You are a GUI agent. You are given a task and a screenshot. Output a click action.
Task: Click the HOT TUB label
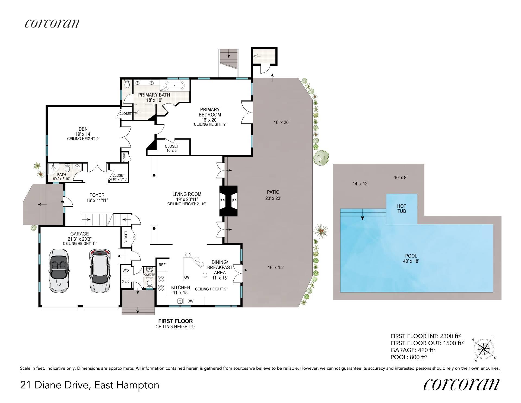(402, 209)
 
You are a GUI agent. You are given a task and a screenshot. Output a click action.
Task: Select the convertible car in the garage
(59, 270)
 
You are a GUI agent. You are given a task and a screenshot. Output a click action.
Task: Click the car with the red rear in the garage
(100, 270)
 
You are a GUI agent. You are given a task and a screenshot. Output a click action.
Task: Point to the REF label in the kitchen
(162, 265)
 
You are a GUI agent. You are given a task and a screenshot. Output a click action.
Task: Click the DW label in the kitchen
(190, 301)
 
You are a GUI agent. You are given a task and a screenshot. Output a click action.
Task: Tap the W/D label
(126, 270)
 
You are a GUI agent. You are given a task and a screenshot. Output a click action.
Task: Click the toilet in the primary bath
(127, 84)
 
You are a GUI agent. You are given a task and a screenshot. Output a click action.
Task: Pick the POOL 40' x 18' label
(411, 259)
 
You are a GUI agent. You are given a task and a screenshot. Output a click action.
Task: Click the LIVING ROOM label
(187, 194)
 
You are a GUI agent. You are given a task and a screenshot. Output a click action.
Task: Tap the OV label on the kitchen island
(187, 277)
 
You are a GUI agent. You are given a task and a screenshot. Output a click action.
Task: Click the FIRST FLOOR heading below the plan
(176, 321)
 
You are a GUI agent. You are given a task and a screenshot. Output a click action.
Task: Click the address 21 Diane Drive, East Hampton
(90, 385)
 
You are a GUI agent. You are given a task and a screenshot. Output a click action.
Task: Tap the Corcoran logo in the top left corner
(52, 24)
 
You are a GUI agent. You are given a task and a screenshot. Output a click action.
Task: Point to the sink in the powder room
(149, 269)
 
